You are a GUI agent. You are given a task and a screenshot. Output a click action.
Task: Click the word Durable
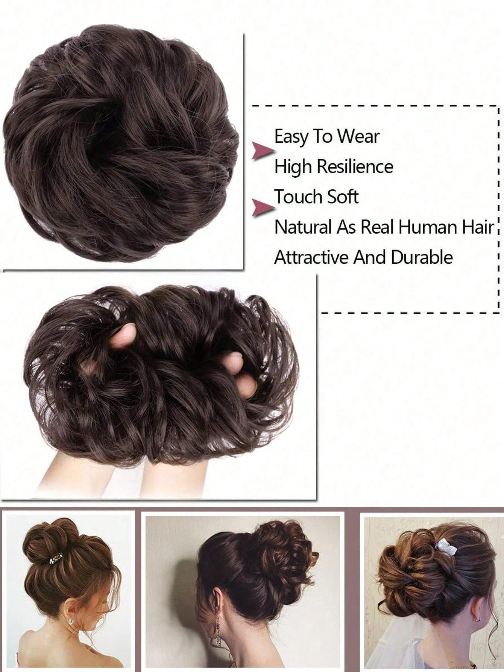pyautogui.click(x=422, y=258)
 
